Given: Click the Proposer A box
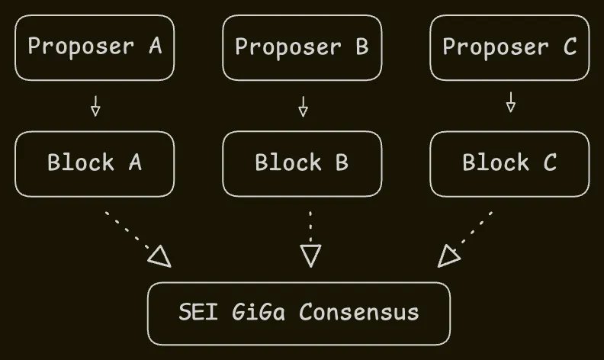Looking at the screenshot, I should (95, 47).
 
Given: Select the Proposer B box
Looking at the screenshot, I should (302, 47).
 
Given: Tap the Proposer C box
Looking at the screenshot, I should (509, 47).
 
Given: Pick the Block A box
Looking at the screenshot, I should (95, 163).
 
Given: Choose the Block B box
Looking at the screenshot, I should (302, 163).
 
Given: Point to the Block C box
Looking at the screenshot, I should (509, 163).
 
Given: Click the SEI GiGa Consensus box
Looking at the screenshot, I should (298, 313).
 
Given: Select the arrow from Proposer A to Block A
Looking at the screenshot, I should (95, 105).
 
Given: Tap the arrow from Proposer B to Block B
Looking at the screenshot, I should (303, 105).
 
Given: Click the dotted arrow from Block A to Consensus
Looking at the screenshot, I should (137, 236).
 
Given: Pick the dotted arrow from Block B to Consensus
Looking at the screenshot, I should (310, 236).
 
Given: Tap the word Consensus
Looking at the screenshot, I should (358, 313).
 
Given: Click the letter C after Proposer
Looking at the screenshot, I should (570, 47).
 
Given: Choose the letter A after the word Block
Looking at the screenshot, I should (135, 163).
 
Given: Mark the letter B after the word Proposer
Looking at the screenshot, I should (361, 47).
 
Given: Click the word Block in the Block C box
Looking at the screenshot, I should (495, 163).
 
